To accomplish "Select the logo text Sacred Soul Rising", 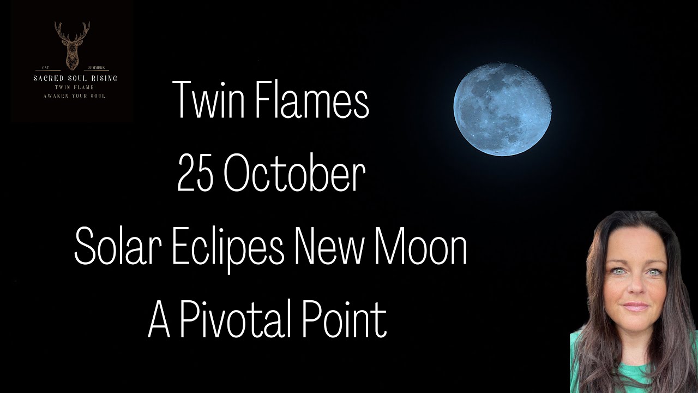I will [75, 79].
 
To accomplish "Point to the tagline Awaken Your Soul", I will [75, 96].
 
